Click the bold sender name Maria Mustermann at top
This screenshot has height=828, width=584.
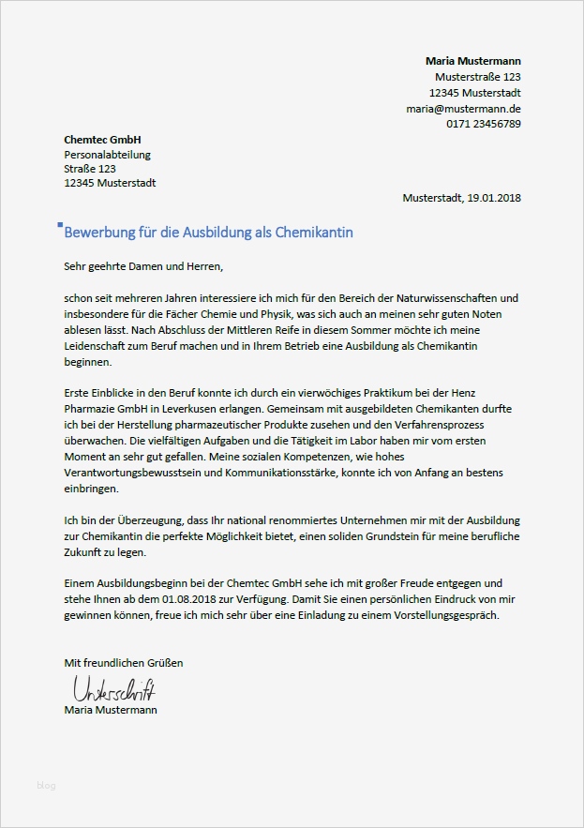(x=472, y=61)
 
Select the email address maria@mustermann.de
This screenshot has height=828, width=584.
(x=463, y=109)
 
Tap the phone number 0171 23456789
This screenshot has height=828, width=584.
(x=483, y=124)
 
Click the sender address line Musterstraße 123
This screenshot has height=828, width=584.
(x=478, y=77)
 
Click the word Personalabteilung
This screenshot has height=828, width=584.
(x=107, y=155)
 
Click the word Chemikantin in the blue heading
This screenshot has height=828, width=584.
(x=313, y=232)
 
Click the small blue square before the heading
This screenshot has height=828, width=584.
(x=60, y=225)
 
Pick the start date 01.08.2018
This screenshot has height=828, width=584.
(x=191, y=600)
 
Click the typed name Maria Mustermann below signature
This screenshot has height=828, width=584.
(x=111, y=711)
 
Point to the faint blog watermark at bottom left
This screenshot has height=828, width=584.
(x=45, y=786)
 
